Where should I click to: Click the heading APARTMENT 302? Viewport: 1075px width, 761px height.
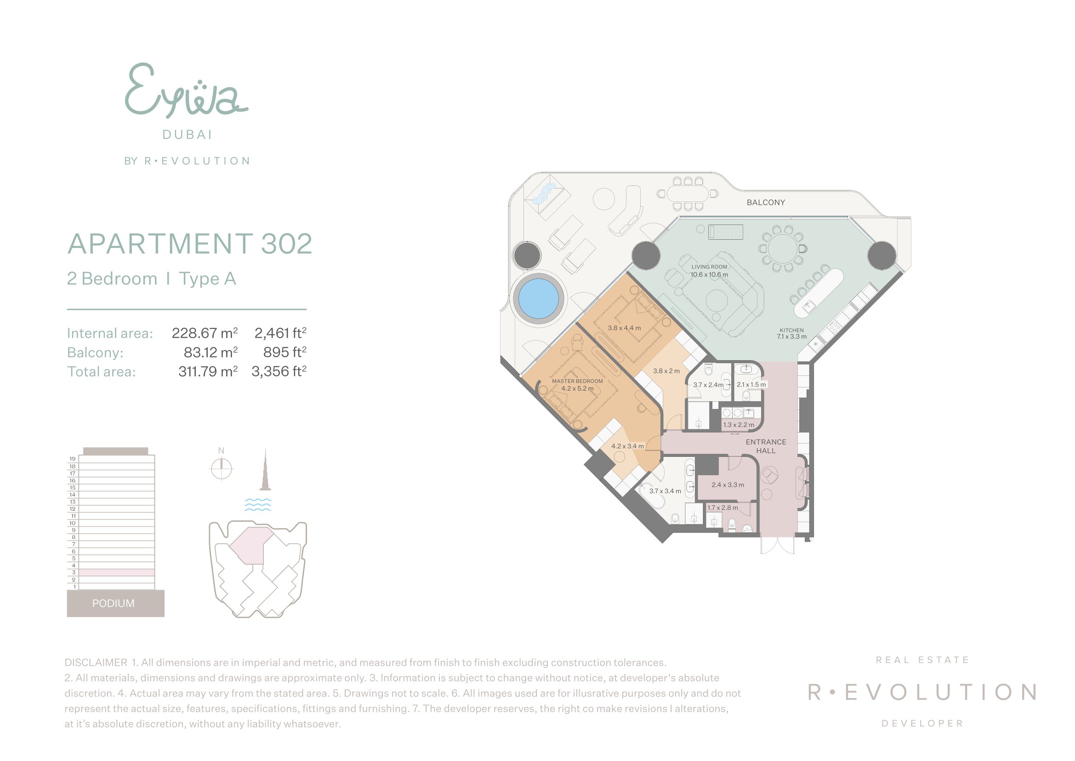[x=190, y=244]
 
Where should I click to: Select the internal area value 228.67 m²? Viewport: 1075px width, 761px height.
[x=205, y=333]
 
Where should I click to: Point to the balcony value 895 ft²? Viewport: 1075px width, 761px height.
[x=284, y=352]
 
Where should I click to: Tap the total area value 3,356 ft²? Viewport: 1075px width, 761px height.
[x=279, y=371]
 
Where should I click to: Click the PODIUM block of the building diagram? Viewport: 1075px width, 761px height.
[x=116, y=603]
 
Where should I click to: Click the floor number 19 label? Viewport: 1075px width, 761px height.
[x=73, y=459]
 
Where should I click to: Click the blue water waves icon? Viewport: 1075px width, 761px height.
[x=258, y=504]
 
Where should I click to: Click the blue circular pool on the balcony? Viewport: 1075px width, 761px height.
[x=539, y=298]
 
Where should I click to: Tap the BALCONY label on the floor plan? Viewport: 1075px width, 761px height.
[x=766, y=202]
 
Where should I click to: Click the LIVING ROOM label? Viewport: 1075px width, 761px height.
[x=709, y=267]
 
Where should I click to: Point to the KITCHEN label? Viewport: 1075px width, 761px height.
[x=792, y=330]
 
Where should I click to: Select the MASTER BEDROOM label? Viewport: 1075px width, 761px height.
[x=577, y=381]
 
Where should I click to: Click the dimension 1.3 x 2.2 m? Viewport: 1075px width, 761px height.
[x=739, y=425]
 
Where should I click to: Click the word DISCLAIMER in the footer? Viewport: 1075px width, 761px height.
[x=96, y=663]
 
